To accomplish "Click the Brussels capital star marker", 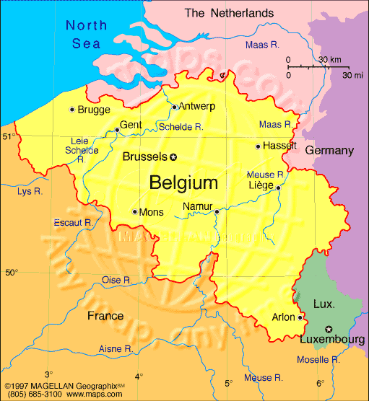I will [173, 157].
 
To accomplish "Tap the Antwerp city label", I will [197, 106].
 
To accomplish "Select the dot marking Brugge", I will [71, 110].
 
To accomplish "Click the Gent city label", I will [131, 125].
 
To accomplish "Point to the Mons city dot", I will [135, 211].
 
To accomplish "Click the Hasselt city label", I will [281, 145].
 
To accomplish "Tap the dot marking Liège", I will [278, 187].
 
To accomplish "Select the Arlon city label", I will [284, 317].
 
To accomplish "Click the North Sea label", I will [86, 35].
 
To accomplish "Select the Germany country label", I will [329, 151].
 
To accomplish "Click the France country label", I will [105, 316].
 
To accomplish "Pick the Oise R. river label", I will [116, 280].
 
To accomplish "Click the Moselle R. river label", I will [318, 359].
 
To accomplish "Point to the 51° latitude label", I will [9, 136].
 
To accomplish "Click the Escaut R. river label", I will [73, 223].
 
